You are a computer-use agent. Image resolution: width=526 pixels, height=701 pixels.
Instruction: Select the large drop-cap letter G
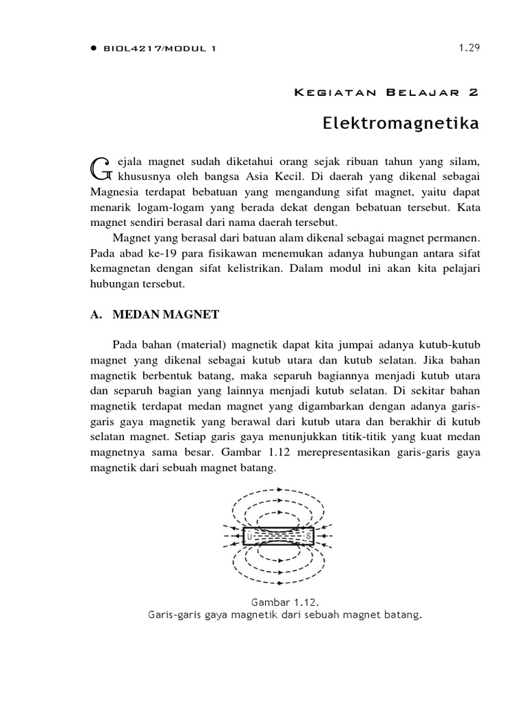[x=100, y=166]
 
